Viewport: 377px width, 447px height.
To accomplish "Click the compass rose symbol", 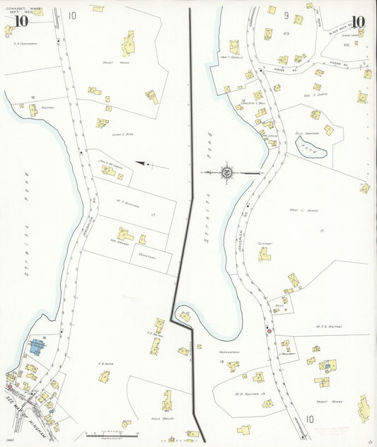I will click(227, 172).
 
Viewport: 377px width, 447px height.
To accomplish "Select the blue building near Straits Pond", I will click(35, 347).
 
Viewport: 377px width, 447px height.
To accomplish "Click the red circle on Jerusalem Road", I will click(269, 330).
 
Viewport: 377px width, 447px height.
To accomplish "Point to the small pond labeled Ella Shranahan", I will click(314, 149).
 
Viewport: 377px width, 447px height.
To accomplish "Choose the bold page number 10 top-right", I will click(358, 21).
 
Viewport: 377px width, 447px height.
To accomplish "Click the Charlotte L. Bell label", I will click(253, 104).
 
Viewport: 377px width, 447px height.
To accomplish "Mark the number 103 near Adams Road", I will click(285, 33).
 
